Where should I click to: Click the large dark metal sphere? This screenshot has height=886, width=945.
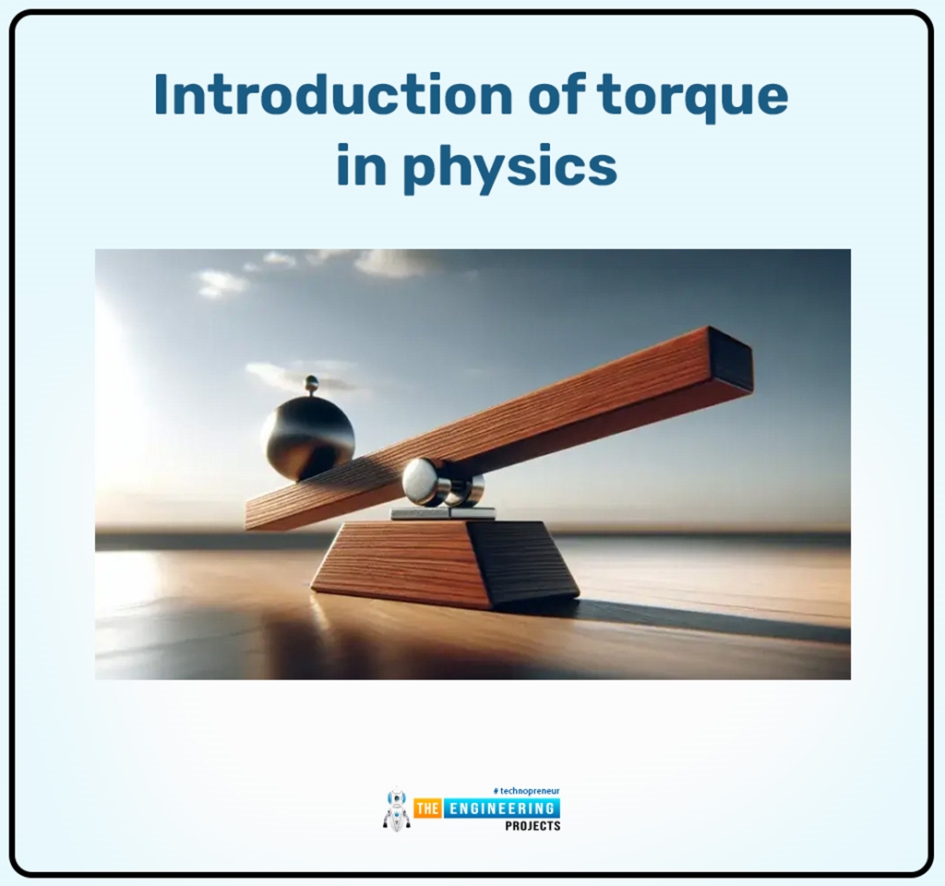[x=307, y=437]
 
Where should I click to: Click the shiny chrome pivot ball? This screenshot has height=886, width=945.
[x=422, y=481]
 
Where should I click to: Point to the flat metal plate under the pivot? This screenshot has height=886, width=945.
[x=442, y=513]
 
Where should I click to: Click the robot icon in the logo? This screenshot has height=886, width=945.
[x=396, y=809]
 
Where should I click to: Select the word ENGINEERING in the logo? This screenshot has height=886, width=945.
[x=501, y=809]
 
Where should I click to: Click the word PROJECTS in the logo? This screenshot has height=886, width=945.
[x=532, y=826]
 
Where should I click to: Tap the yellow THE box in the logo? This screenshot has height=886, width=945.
[x=426, y=809]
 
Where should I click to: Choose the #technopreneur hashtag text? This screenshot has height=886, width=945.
[x=527, y=792]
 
